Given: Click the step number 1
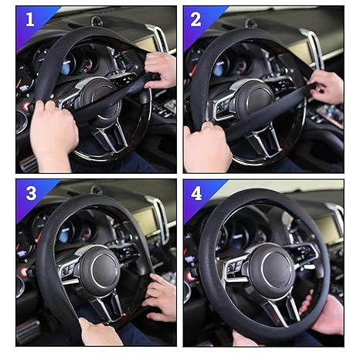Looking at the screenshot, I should (30, 19).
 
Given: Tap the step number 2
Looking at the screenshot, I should (196, 19).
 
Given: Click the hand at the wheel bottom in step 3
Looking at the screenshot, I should (99, 333).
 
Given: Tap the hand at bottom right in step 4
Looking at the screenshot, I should (328, 313).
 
